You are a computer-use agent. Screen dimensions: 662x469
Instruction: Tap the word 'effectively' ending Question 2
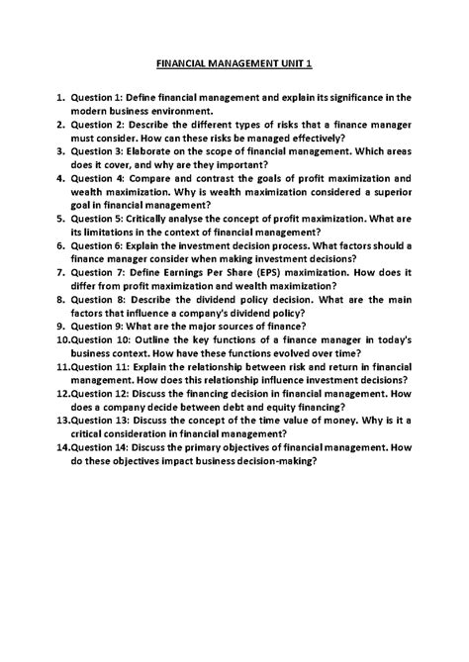305,140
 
